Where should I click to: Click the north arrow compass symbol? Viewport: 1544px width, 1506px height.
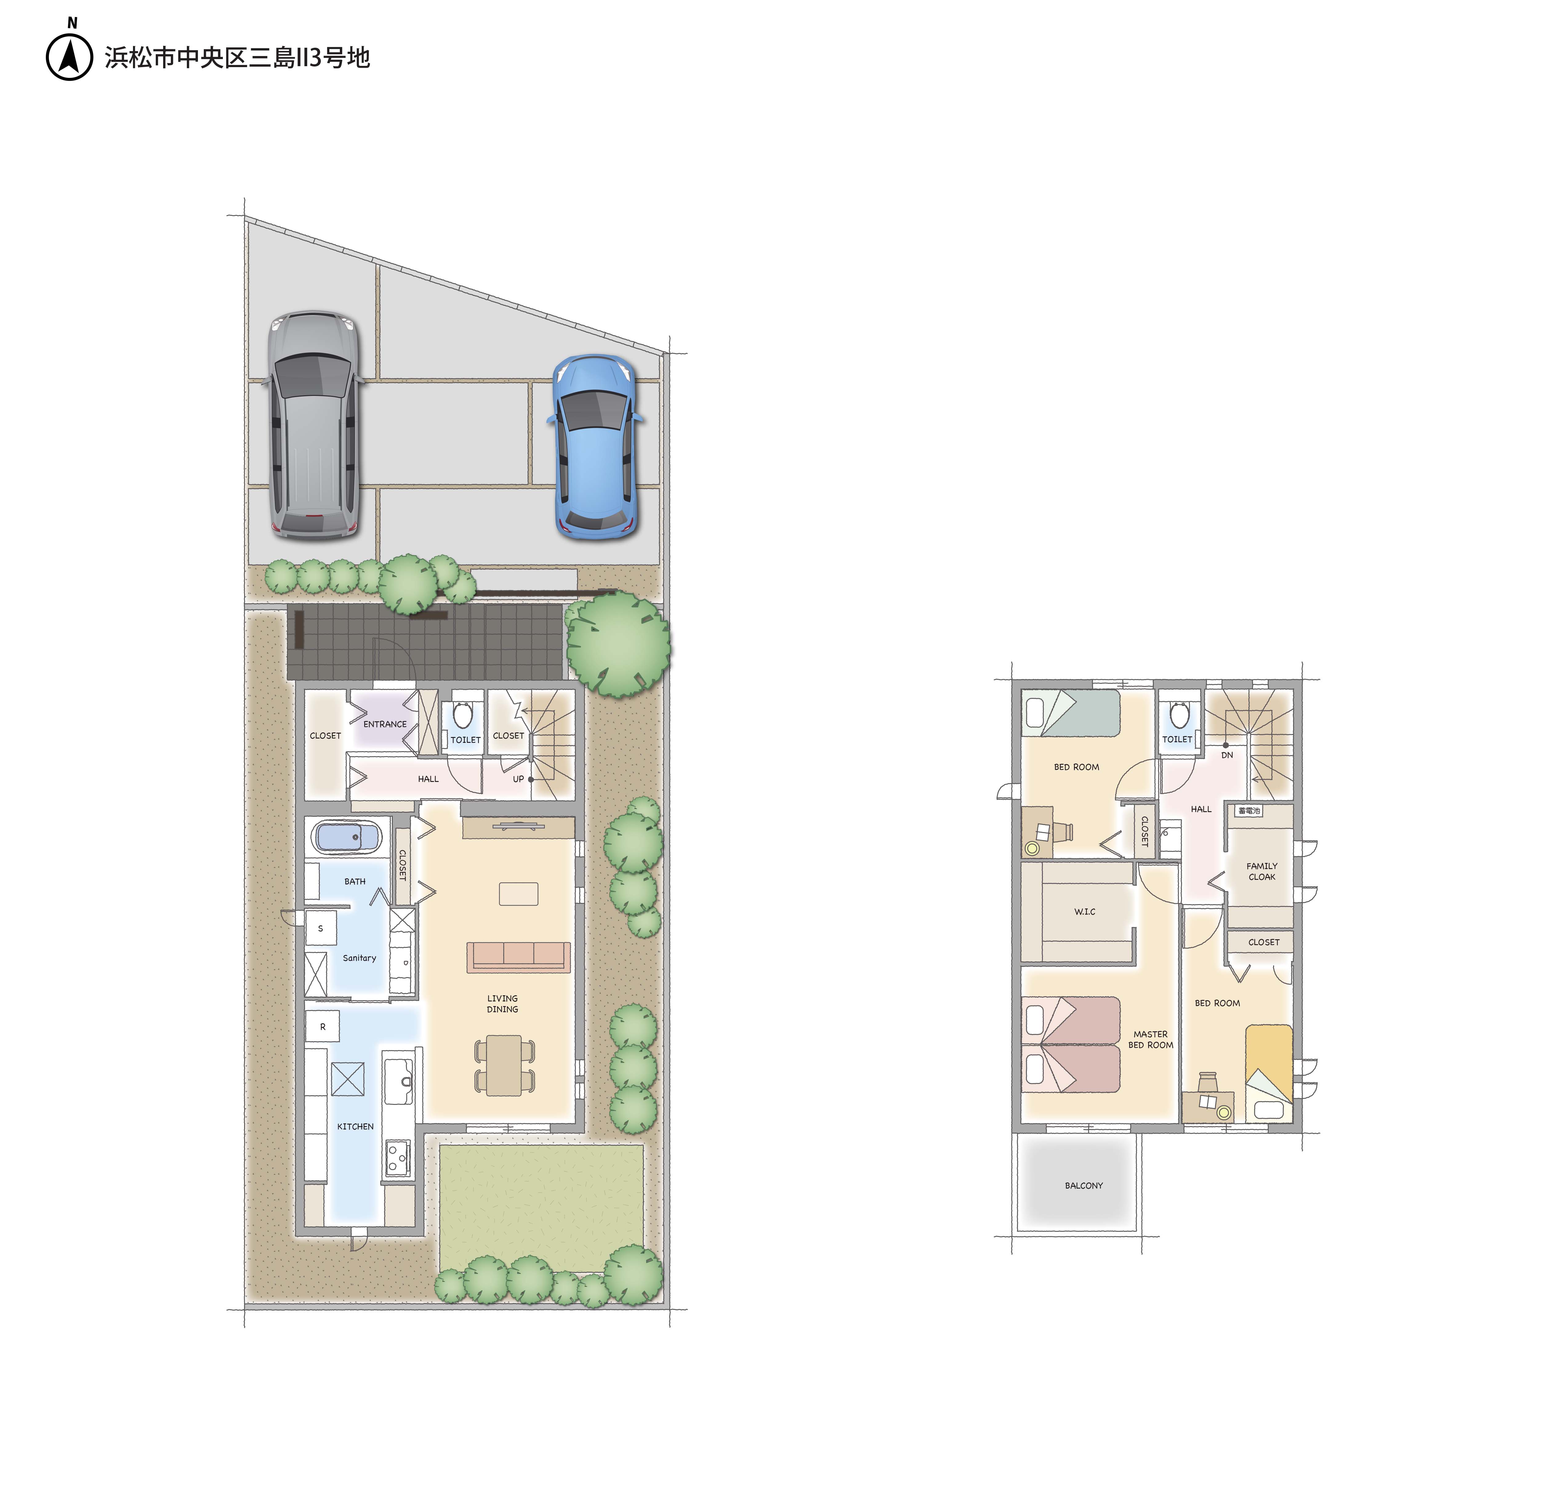click(70, 57)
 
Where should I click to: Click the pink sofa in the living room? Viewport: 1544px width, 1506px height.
click(518, 956)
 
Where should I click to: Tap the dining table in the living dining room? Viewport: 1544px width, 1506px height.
click(504, 1065)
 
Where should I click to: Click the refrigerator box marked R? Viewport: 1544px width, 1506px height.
click(323, 1027)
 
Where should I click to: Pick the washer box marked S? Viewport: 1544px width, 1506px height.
click(320, 928)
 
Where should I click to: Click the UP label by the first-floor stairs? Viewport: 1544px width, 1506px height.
click(518, 779)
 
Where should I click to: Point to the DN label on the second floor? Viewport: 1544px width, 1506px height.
click(1227, 755)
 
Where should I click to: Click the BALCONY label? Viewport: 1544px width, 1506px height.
click(1084, 1186)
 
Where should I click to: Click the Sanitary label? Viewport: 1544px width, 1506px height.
click(359, 958)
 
